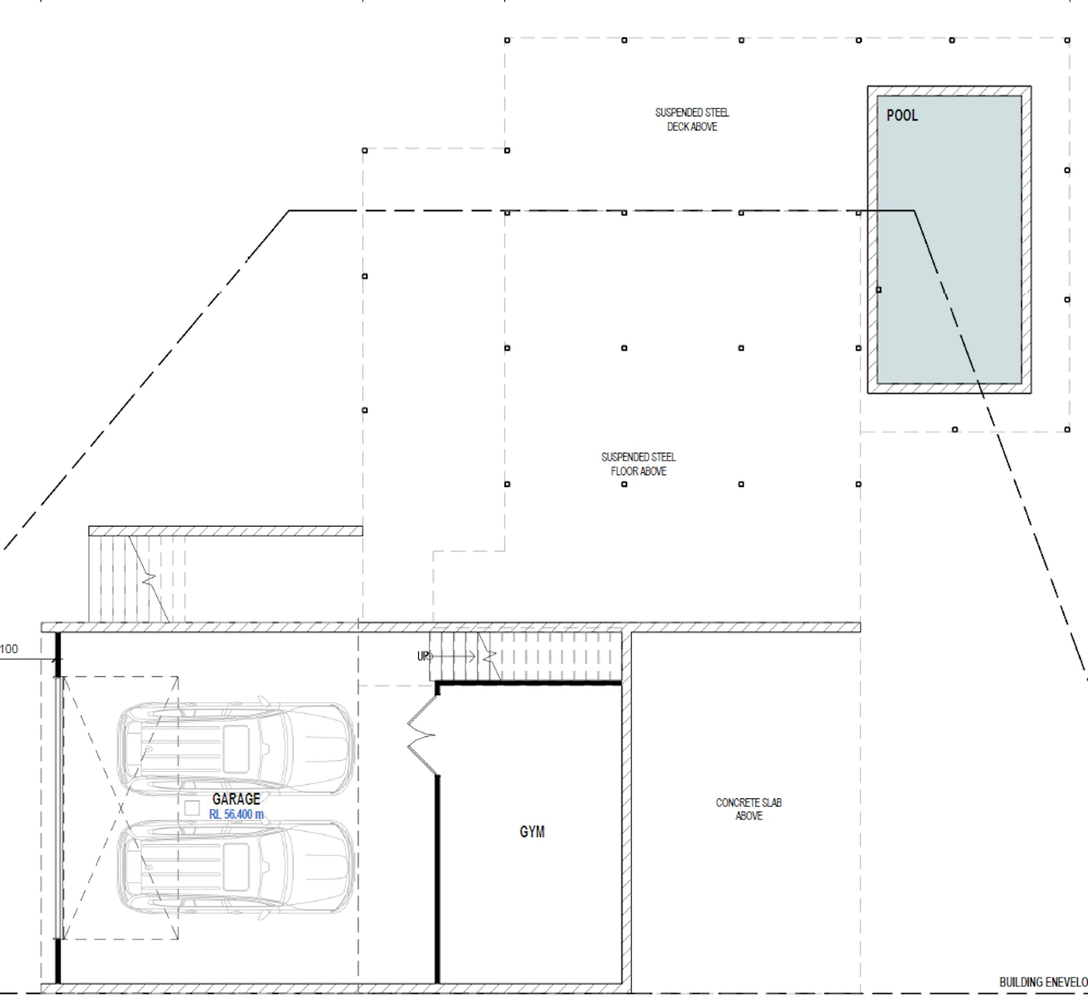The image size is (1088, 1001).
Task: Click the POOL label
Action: [x=902, y=116]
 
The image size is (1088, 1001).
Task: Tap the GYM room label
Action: [x=532, y=832]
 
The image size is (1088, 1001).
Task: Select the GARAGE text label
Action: [x=236, y=799]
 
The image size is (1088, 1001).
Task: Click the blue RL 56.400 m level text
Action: [x=236, y=814]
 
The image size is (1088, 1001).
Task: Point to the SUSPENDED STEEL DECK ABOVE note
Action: [x=692, y=120]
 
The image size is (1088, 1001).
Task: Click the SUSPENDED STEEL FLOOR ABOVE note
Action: [x=638, y=464]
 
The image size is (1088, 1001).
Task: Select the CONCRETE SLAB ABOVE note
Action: [x=748, y=809]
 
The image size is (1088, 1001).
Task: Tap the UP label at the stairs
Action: [x=424, y=656]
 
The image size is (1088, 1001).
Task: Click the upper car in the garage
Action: [x=236, y=749]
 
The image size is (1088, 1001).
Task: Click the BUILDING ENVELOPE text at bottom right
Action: [x=1044, y=982]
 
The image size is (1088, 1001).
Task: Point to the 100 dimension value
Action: [x=9, y=648]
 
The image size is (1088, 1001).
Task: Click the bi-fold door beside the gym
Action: [x=422, y=735]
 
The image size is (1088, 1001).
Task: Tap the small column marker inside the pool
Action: [x=879, y=290]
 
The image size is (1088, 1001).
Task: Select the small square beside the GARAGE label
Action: [x=191, y=808]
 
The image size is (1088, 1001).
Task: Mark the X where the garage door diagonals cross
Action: [x=120, y=808]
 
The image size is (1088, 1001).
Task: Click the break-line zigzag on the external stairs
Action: [x=149, y=579]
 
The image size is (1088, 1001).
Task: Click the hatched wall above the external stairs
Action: [x=225, y=530]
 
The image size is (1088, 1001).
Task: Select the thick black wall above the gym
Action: [x=528, y=683]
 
